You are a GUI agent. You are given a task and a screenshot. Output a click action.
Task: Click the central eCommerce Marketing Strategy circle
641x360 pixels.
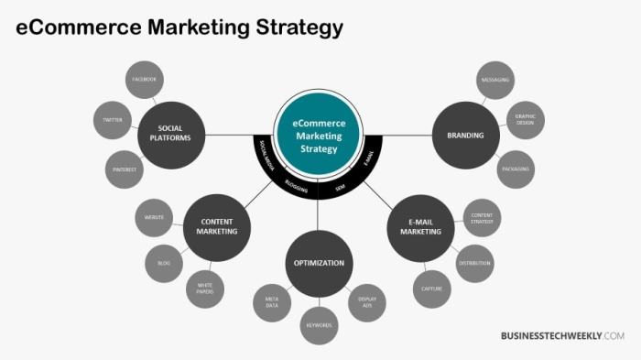(319, 136)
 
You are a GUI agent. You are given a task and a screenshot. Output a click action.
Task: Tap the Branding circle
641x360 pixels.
(465, 136)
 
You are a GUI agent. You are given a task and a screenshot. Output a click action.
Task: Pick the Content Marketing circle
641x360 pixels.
(217, 226)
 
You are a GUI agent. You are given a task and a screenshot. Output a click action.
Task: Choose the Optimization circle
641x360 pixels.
(319, 263)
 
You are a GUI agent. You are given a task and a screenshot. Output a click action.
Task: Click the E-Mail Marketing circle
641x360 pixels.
(420, 226)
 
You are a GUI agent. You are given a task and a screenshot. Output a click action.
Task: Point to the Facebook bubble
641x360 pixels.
(144, 80)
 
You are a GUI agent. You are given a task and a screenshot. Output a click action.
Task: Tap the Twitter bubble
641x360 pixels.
(113, 120)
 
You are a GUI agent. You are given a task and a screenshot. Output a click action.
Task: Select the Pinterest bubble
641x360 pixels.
(124, 169)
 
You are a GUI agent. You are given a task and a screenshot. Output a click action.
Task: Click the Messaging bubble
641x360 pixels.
(494, 80)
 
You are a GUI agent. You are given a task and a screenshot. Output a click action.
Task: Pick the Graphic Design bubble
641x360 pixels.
(525, 119)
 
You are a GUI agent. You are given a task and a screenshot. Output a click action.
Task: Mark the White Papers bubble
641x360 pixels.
(205, 289)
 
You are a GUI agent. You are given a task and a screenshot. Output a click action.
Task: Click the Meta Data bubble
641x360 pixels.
(272, 301)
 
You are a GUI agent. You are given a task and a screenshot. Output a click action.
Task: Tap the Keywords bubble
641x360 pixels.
(319, 325)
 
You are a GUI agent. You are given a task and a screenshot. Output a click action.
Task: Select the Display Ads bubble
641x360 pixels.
(366, 301)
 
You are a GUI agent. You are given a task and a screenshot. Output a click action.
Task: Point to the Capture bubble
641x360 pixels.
(432, 289)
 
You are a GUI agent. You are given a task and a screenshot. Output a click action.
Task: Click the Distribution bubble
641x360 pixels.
(474, 264)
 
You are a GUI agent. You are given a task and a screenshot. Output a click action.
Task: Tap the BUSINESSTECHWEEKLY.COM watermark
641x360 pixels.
(562, 336)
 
